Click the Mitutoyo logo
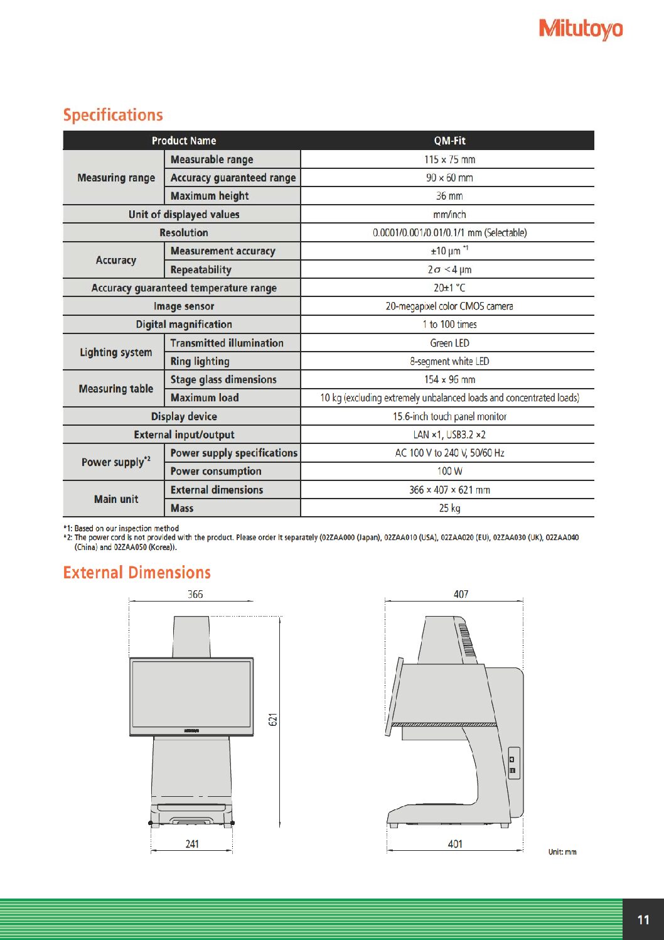(x=581, y=29)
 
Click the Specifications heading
(x=113, y=115)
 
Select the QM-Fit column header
(x=449, y=141)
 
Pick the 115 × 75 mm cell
(x=449, y=159)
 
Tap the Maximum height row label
(x=210, y=196)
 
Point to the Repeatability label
(x=201, y=270)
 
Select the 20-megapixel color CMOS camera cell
(x=449, y=306)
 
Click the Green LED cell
(x=449, y=343)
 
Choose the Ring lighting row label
(x=200, y=362)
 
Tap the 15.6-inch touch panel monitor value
(x=449, y=416)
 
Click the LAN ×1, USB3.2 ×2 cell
(x=449, y=435)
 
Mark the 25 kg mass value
(x=449, y=508)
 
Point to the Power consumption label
(x=216, y=472)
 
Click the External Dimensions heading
(x=137, y=573)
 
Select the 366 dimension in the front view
(x=195, y=594)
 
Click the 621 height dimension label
(x=273, y=720)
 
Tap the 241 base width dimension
(x=192, y=844)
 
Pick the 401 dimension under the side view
(x=455, y=844)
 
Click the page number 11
(x=643, y=920)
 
